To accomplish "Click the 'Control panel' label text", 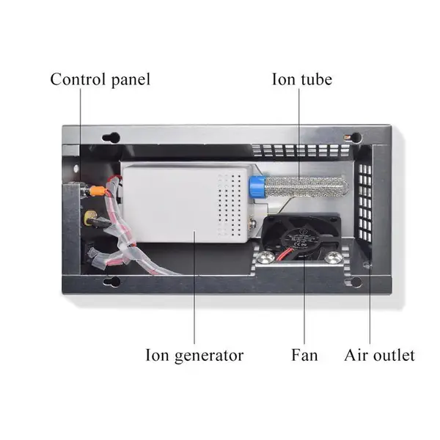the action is click(100, 79).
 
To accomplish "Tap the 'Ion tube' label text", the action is click(302, 79).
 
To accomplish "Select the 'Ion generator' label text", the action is click(194, 355).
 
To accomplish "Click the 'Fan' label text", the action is click(304, 355).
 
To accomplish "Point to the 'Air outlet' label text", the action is click(379, 355).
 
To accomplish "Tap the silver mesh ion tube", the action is click(307, 186).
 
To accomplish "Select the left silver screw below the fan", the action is click(265, 258).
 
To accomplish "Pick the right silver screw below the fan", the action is click(334, 258).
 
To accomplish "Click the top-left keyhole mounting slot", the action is click(111, 138).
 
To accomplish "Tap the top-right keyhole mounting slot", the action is click(353, 138).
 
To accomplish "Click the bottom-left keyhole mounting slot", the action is click(111, 282).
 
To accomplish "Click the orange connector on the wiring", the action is click(98, 191).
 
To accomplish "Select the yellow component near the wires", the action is click(89, 218).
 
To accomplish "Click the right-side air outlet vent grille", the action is click(364, 202).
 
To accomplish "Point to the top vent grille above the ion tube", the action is click(301, 150).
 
